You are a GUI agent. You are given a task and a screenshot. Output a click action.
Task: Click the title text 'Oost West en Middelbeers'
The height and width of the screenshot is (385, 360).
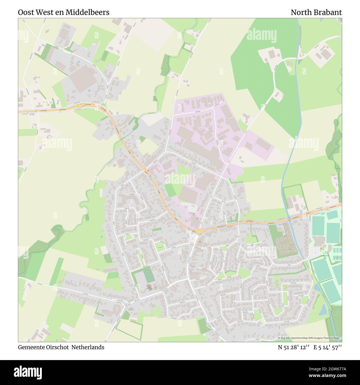63,12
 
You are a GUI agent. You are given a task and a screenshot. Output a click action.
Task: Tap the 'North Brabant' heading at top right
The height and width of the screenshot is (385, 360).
316,12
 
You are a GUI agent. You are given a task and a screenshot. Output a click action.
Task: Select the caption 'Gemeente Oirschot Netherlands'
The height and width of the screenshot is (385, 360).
61,347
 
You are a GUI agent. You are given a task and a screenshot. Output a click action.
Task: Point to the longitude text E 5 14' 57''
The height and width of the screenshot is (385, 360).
328,347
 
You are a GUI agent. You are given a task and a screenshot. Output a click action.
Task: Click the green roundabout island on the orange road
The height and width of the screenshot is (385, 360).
199,231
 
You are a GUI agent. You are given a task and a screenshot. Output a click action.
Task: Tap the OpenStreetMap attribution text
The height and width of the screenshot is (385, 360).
310,338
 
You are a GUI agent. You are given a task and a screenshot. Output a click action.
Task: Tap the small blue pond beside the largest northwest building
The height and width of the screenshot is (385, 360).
89,90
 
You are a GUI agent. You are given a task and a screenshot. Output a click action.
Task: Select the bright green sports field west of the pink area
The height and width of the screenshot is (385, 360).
170,191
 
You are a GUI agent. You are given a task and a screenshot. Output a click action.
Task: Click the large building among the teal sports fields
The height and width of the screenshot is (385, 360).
319,240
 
